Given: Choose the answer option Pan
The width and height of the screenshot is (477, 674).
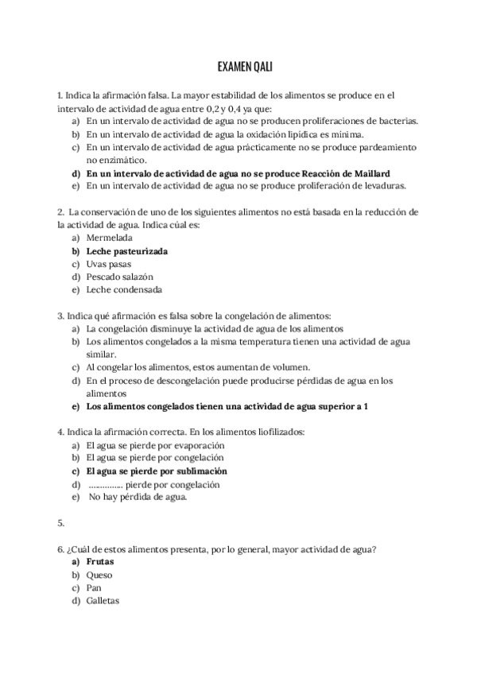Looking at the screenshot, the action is [95, 587].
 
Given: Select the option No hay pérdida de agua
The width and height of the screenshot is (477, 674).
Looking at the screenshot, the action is [138, 497].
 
